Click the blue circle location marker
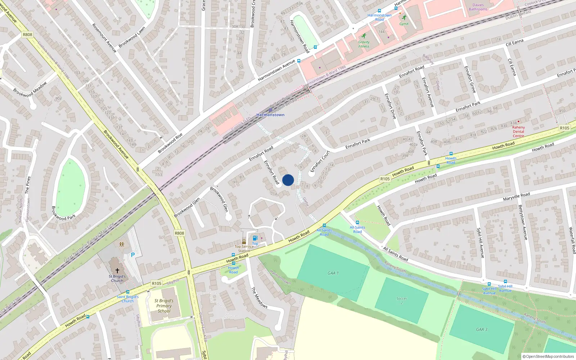click(x=288, y=180)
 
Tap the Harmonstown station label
click(x=270, y=115)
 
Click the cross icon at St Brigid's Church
click(x=117, y=270)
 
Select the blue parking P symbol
click(x=133, y=255)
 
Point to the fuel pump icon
click(x=255, y=238)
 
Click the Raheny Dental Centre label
click(x=518, y=131)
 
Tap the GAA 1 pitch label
click(x=333, y=273)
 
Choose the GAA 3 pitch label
click(x=482, y=329)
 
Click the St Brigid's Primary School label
click(x=164, y=306)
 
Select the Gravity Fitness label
click(x=364, y=44)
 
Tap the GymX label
click(x=404, y=24)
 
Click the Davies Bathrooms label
click(x=478, y=7)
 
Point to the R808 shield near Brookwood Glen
click(x=179, y=233)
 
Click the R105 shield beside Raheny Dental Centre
click(x=564, y=128)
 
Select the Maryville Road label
click(x=516, y=197)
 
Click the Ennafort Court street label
click(x=320, y=161)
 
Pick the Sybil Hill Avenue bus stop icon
click(x=489, y=284)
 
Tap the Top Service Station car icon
click(x=244, y=242)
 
